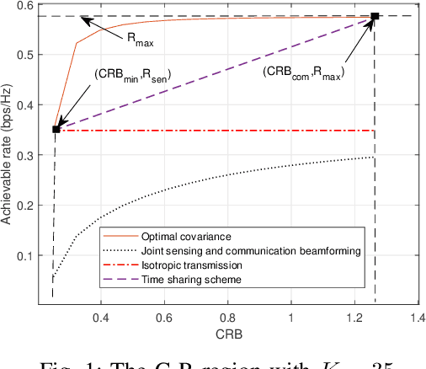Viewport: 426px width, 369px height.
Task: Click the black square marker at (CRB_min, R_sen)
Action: coord(56,129)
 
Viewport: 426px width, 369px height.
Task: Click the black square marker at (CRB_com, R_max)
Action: coord(375,16)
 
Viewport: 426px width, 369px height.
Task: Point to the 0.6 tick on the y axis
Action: coord(36,6)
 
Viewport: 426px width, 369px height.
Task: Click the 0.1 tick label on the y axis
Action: coord(36,255)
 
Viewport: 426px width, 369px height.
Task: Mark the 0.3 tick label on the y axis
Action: coord(36,156)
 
